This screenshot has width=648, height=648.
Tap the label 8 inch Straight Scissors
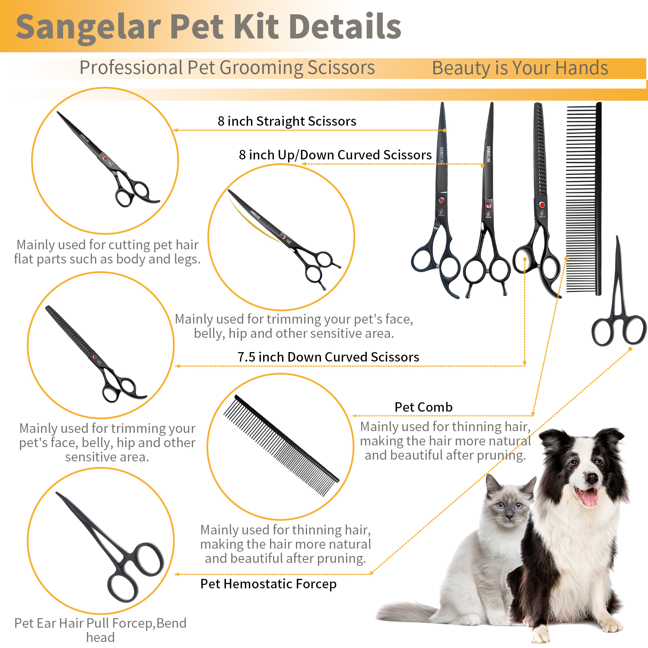pos(287,121)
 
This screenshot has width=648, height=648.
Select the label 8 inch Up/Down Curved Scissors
pos(335,155)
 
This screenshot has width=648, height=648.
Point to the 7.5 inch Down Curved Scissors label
pos(328,357)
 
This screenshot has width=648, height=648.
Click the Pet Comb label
pos(423,407)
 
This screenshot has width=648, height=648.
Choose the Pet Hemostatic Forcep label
pos(268,584)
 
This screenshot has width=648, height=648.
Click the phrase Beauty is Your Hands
pos(520,68)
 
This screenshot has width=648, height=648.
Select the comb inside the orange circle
pos(281,445)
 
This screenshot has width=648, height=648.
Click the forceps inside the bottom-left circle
pos(110,546)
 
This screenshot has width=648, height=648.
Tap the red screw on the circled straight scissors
pos(105,159)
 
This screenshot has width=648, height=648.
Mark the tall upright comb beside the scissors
pos(584,199)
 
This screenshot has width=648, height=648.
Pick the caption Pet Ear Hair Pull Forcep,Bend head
pos(100,630)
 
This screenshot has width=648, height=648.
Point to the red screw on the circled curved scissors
pos(284,237)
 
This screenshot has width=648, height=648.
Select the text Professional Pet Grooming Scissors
pos(227,68)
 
